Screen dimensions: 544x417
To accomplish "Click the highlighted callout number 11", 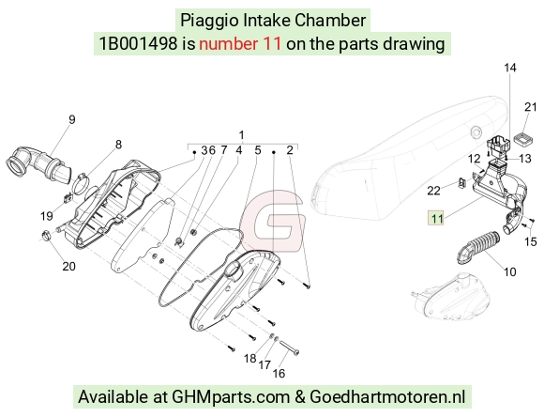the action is click(436, 219).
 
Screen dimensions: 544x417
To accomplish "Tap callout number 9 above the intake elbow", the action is click(72, 119).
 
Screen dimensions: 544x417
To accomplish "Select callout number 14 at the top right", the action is click(509, 68).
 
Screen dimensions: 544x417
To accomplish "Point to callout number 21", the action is click(531, 107).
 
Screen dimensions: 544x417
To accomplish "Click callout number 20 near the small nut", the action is click(68, 266).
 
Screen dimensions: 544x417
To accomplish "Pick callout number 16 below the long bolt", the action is click(279, 374).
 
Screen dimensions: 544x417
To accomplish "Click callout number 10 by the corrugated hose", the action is click(509, 271).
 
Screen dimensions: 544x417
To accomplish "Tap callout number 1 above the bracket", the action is click(241, 135).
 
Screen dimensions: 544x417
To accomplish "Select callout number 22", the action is click(433, 191).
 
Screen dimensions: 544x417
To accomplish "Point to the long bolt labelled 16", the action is click(289, 347).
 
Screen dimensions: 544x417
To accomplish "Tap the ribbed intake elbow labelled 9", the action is click(38, 165).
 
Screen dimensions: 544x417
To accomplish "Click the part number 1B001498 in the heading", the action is click(138, 44).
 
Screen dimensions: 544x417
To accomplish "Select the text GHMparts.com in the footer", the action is click(231, 396).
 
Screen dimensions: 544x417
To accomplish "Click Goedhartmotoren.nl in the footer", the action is click(387, 396).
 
